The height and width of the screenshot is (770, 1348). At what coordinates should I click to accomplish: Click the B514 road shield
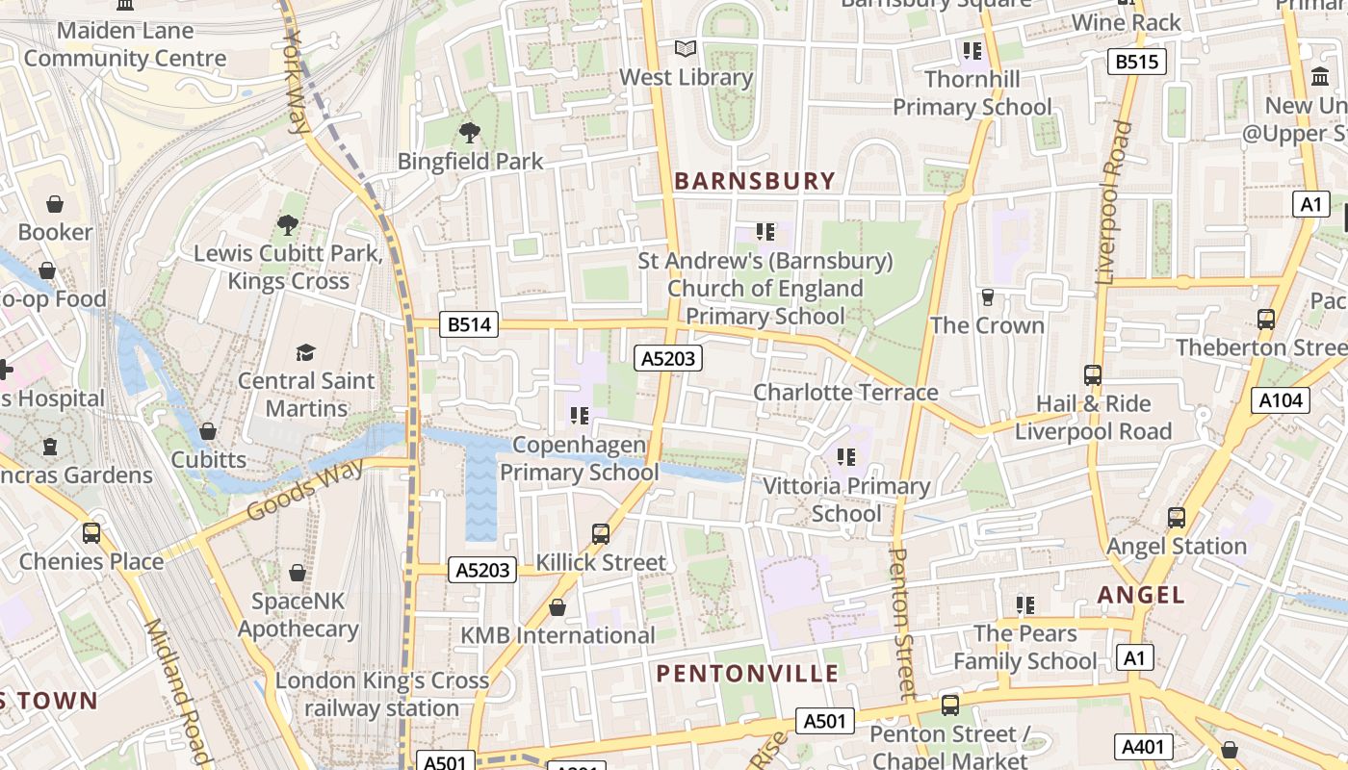pyautogui.click(x=470, y=324)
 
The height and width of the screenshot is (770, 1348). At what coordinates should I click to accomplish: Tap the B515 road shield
pyautogui.click(x=1136, y=63)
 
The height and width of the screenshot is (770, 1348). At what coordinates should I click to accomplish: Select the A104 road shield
pyautogui.click(x=1281, y=399)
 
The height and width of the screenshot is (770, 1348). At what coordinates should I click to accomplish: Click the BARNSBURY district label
pyautogui.click(x=755, y=181)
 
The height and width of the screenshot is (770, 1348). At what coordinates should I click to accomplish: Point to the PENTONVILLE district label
pyautogui.click(x=747, y=673)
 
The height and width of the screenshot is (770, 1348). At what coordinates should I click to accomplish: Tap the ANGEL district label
pyautogui.click(x=1141, y=595)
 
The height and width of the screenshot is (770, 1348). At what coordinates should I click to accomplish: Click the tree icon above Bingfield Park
pyautogui.click(x=470, y=133)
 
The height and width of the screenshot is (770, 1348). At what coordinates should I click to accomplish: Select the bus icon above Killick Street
pyautogui.click(x=601, y=533)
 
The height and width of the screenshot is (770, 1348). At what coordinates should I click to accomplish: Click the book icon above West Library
pyautogui.click(x=685, y=48)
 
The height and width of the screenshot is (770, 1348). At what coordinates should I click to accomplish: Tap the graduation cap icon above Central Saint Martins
pyautogui.click(x=305, y=352)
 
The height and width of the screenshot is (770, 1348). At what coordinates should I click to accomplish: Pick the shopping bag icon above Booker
pyautogui.click(x=55, y=204)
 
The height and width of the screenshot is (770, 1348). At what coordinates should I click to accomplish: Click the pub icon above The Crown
pyautogui.click(x=987, y=297)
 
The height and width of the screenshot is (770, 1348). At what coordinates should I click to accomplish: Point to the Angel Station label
pyautogui.click(x=1177, y=546)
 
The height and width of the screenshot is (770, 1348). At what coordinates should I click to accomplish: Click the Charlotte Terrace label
pyautogui.click(x=844, y=392)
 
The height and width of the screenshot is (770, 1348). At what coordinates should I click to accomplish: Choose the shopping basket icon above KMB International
pyautogui.click(x=557, y=607)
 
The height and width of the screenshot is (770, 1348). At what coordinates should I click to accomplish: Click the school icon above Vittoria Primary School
pyautogui.click(x=846, y=457)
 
